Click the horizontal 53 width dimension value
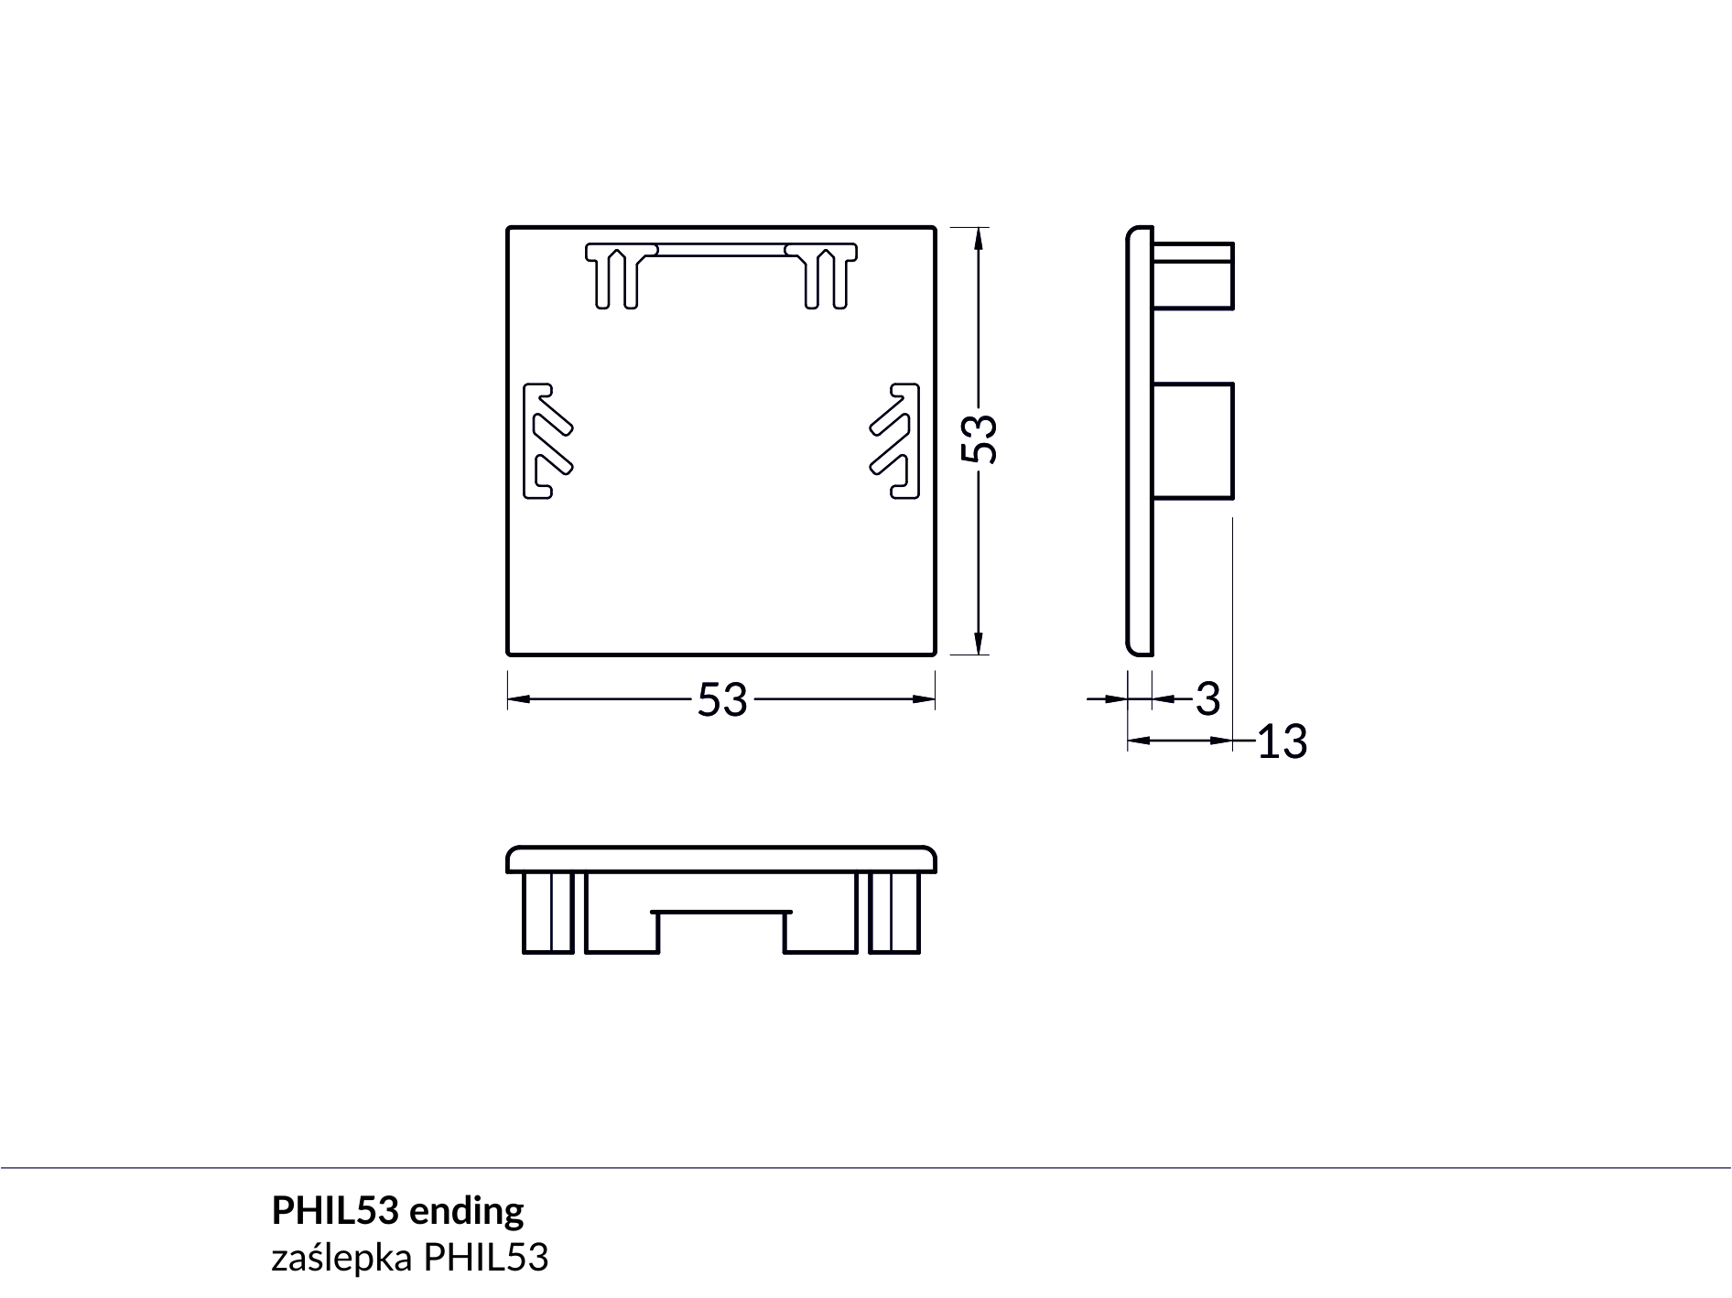click(722, 700)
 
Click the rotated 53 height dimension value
click(980, 438)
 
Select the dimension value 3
click(1208, 699)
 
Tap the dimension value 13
click(1282, 741)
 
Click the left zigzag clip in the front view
click(547, 441)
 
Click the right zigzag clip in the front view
click(894, 441)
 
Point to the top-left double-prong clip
click(621, 276)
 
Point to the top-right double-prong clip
click(822, 276)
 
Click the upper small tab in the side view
click(1193, 276)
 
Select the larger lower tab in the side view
click(1193, 441)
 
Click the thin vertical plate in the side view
click(1140, 441)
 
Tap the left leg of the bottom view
click(547, 913)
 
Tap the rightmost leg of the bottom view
click(894, 913)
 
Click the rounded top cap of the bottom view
click(721, 860)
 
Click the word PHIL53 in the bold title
click(335, 1211)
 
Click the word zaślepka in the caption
click(341, 1259)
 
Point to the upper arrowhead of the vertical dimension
click(980, 238)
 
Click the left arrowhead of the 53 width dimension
click(519, 699)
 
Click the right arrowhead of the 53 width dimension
click(924, 699)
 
